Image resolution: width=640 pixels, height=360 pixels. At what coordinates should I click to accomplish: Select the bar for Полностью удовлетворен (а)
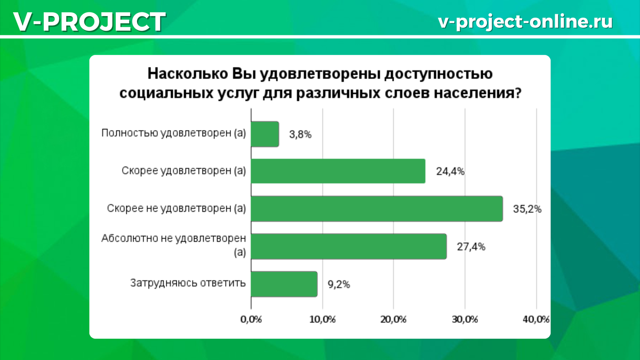[265, 134]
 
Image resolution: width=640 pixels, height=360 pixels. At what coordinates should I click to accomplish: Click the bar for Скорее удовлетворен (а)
[338, 171]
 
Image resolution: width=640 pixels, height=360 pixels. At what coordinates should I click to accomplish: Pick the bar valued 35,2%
[377, 209]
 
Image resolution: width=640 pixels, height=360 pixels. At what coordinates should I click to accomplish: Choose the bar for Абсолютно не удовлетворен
[348, 246]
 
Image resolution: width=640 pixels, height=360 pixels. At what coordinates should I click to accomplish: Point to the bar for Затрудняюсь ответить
[284, 284]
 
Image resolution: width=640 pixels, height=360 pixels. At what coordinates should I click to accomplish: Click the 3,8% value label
[300, 134]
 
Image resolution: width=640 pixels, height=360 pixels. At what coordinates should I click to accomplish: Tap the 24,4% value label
[450, 172]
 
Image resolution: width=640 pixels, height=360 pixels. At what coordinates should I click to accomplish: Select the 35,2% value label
[527, 209]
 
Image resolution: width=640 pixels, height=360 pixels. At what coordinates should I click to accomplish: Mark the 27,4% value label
[471, 247]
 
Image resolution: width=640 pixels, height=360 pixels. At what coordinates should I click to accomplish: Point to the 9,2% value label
[339, 284]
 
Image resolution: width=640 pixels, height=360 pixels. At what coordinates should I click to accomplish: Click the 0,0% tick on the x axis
[251, 319]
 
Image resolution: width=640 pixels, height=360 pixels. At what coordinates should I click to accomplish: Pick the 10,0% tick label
[322, 319]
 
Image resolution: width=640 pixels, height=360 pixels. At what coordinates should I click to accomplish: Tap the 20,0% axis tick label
[394, 319]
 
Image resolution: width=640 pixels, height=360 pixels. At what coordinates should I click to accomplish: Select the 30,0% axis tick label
[465, 319]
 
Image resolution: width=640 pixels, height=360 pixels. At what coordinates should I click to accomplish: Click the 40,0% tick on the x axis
[536, 319]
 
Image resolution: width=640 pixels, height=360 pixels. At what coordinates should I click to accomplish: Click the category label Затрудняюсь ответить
[188, 283]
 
